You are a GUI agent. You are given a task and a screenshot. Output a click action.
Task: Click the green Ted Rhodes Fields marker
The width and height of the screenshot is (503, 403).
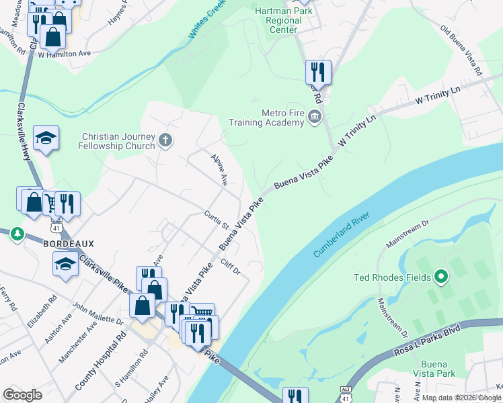pos(441,276)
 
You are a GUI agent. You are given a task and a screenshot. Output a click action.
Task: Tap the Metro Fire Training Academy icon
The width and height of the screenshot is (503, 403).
pos(314,118)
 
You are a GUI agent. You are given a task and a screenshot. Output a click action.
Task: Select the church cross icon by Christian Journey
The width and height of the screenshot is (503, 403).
pos(166,141)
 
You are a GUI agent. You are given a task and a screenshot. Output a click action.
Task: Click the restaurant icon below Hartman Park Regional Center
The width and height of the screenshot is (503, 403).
pos(318,72)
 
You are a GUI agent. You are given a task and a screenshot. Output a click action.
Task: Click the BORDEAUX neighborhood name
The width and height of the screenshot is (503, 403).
pos(69,243)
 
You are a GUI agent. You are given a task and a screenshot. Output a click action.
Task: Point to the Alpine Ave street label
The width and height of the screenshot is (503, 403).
pos(219,170)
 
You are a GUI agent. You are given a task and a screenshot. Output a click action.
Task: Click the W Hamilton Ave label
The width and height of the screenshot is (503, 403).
pos(64,53)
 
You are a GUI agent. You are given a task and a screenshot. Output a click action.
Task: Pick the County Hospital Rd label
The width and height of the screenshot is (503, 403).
pos(100,361)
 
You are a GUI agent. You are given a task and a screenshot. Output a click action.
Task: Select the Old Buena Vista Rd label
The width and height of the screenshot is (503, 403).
pos(461,50)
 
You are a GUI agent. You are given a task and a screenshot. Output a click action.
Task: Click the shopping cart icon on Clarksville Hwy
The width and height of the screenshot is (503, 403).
pos(50,202)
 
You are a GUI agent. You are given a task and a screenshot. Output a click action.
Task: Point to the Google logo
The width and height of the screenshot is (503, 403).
pos(23,395)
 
